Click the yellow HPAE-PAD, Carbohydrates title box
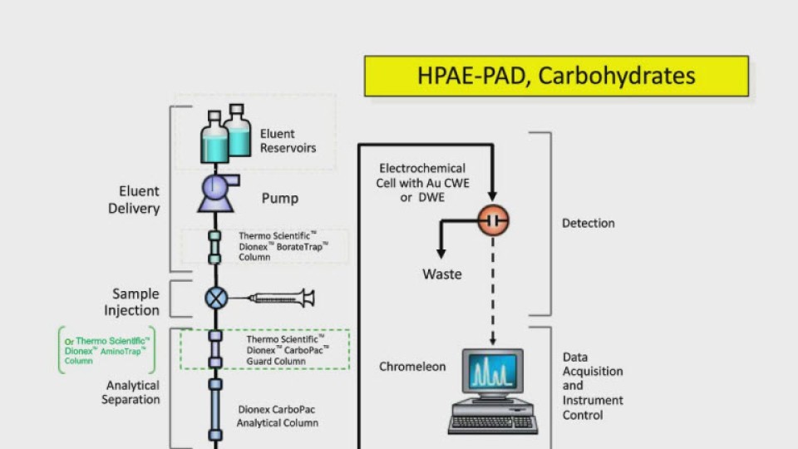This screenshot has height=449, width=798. [x=556, y=76]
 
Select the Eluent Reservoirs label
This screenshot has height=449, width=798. [x=288, y=141]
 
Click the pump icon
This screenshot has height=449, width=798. [x=216, y=192]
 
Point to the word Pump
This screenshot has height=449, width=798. [x=280, y=199]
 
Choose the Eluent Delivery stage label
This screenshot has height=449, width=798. [x=134, y=200]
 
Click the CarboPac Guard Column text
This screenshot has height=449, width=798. [x=288, y=350]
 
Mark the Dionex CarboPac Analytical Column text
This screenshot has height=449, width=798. [x=277, y=416]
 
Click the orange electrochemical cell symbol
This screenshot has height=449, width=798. [x=492, y=220]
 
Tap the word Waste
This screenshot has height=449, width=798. [x=442, y=274]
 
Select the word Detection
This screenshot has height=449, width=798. [x=589, y=223]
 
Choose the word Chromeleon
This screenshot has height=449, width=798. [x=413, y=366]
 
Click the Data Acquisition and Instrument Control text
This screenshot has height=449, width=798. [x=593, y=386]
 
